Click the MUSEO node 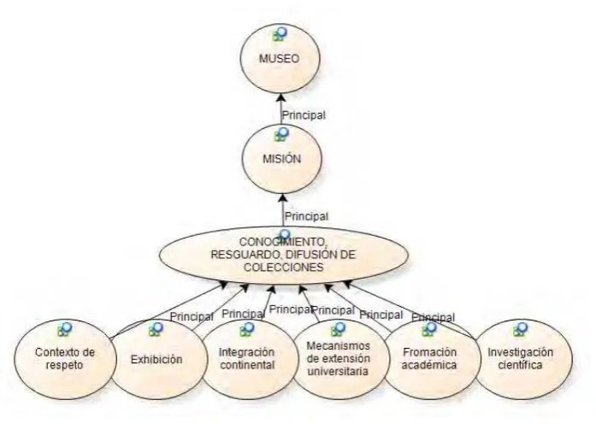tap(280, 58)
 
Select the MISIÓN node tap(281, 158)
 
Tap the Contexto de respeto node tap(65, 359)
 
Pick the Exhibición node tap(157, 359)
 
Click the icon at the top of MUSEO tap(280, 34)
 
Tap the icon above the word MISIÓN tap(282, 134)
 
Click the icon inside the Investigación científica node tap(521, 329)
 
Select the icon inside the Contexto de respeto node tap(65, 329)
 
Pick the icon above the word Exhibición tap(156, 329)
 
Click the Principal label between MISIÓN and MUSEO tap(304, 115)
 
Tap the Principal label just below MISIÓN tap(307, 216)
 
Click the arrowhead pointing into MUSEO tap(280, 97)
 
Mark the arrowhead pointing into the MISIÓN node tap(282, 198)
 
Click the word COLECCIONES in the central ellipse tap(284, 267)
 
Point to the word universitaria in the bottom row tap(338, 371)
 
